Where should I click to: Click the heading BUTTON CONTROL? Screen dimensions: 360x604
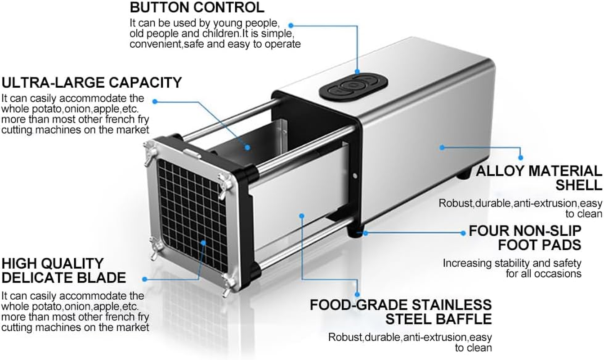[x=197, y=8]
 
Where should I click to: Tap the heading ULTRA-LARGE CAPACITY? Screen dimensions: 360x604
[x=92, y=82]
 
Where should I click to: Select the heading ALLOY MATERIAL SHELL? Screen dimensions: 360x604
[x=539, y=178]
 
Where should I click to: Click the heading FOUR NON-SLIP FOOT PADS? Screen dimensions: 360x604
[x=525, y=238]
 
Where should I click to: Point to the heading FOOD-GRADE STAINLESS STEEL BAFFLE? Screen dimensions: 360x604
[x=400, y=312]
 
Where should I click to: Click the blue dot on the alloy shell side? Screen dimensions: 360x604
[x=442, y=147]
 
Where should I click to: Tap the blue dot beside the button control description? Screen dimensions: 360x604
[x=291, y=25]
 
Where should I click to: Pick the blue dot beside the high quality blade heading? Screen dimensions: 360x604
[x=144, y=279]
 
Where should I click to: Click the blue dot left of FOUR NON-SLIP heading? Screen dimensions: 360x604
[x=463, y=233]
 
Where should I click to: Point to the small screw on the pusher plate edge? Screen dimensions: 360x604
[x=355, y=176]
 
